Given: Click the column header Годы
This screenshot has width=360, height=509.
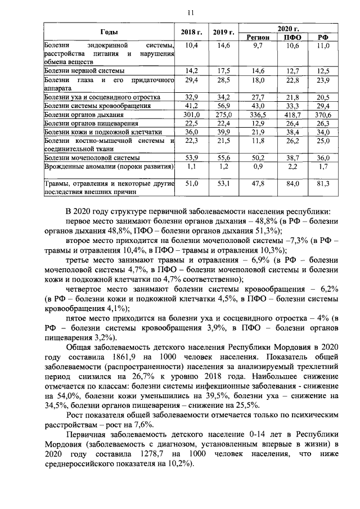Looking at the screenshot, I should click(x=109, y=32).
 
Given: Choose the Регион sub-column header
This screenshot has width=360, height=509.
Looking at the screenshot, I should click(x=258, y=37).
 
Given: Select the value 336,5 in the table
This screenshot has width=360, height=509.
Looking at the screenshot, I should click(x=258, y=114).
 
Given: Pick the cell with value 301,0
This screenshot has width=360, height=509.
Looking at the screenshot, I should click(x=192, y=114).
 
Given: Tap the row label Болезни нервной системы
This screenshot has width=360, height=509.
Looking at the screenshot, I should click(x=84, y=71).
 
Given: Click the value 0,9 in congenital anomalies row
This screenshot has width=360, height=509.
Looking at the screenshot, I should click(x=258, y=168).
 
